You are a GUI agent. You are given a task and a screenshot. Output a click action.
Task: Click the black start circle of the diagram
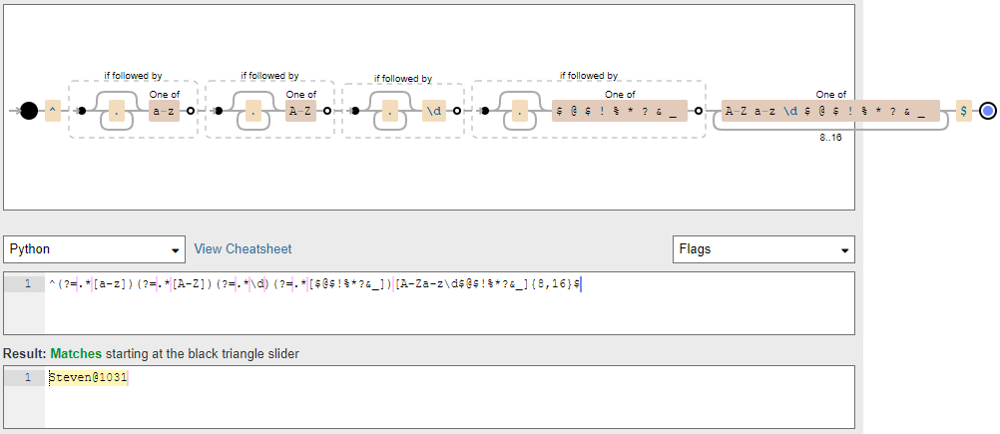(x=29, y=111)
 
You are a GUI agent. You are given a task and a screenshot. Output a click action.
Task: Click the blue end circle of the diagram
(x=987, y=111)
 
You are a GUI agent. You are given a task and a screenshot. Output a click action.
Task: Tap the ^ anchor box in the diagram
(x=53, y=111)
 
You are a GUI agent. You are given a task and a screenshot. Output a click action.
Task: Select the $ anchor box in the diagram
(x=963, y=111)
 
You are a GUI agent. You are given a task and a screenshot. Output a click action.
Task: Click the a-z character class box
(x=163, y=111)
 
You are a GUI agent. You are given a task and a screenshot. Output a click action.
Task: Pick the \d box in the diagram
(x=433, y=111)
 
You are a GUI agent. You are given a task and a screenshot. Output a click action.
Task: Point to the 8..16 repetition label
(x=830, y=138)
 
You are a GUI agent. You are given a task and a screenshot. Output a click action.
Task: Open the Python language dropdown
(x=95, y=248)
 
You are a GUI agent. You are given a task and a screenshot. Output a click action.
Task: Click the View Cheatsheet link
(x=243, y=248)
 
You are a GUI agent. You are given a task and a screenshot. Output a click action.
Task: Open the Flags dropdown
(x=763, y=248)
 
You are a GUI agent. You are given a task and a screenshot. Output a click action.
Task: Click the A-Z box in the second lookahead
(x=299, y=111)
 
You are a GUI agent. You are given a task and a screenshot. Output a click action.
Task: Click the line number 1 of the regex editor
(x=27, y=284)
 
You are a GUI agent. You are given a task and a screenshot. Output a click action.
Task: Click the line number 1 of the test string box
(x=27, y=377)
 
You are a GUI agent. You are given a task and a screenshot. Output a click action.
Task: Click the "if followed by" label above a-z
(x=133, y=75)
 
